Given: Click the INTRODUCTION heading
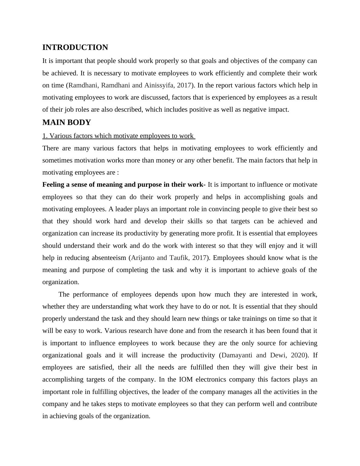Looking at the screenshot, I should point(75,48).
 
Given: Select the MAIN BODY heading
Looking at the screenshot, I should point(67,123).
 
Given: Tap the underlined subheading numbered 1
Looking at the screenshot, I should point(119,136).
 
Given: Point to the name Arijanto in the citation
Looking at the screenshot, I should point(143,258).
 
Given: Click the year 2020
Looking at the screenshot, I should point(297,355).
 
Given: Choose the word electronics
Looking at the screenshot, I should point(215,379).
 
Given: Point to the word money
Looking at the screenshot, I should point(166,160).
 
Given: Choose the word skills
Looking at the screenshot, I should point(193,221).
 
